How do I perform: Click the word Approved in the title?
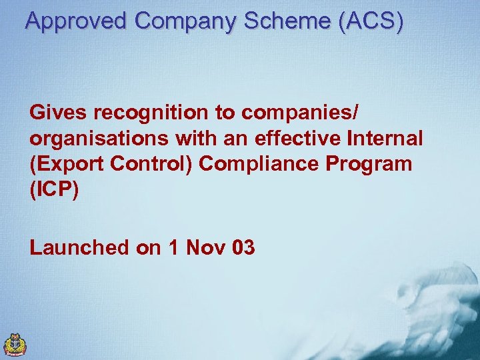click(76, 21)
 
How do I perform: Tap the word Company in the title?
click(185, 21)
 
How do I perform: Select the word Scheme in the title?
click(288, 21)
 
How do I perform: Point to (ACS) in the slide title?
click(371, 21)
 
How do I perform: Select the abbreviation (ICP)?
click(54, 189)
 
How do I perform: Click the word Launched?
click(79, 248)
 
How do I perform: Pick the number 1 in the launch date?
click(174, 248)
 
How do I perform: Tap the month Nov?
click(206, 248)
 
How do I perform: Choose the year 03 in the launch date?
click(244, 248)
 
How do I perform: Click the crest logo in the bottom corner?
click(15, 344)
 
